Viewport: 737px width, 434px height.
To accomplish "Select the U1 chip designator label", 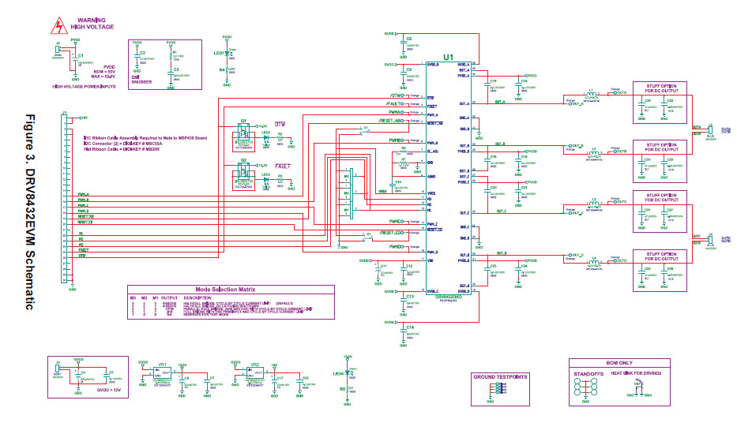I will pos(448,58).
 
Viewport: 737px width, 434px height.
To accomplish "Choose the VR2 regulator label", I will pos(254,365).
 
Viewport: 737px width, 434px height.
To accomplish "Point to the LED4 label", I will pos(338,372).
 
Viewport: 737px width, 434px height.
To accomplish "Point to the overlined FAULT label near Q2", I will pos(281,167).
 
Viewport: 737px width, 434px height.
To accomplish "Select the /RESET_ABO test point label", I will pos(393,121).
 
